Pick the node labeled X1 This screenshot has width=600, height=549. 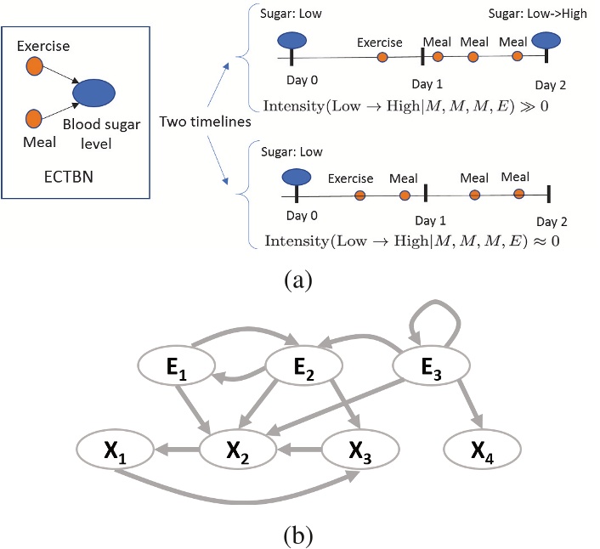coord(115,448)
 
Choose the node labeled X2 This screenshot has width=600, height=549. coord(239,448)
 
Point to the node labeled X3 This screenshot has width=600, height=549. coord(359,448)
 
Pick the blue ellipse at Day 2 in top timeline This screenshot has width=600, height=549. coord(546,40)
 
